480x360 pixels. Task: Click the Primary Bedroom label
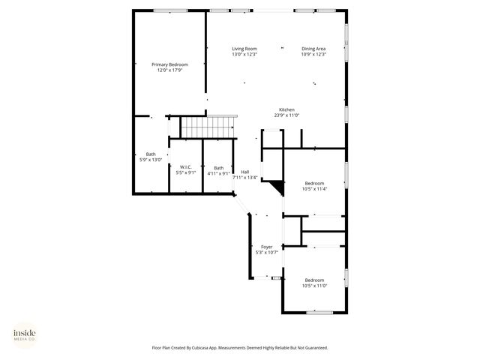coord(169,64)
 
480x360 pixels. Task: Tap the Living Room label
coord(244,49)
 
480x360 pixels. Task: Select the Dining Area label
coord(313,49)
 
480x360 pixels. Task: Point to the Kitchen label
coord(287,109)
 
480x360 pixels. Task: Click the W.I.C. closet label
coord(185,167)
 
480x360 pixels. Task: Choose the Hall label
coord(244,172)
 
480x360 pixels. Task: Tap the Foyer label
coord(266,246)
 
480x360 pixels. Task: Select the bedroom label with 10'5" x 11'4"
coord(314,184)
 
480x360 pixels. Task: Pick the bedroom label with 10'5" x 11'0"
coord(314,280)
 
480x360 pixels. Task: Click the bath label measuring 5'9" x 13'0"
coord(151,154)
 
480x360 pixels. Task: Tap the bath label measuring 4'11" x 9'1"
coord(218,167)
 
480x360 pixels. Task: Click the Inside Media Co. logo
coord(24,334)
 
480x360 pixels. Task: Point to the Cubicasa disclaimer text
coord(240,348)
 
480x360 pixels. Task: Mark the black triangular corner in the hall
coord(276,187)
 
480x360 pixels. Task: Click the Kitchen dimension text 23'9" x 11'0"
coord(287,115)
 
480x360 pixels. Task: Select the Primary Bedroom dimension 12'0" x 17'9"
coord(169,70)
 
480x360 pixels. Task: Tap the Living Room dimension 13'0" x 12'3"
coord(244,55)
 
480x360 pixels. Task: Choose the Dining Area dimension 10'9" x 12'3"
coord(313,55)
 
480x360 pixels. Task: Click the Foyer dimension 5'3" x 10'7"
coord(266,252)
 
